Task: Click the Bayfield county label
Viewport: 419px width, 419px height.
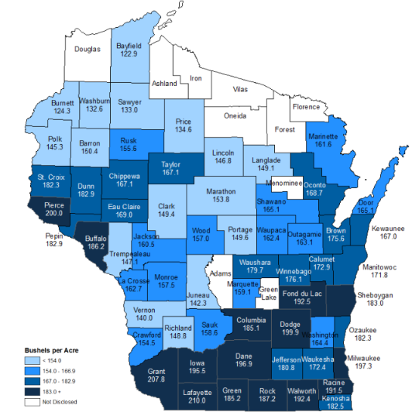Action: pyautogui.click(x=129, y=45)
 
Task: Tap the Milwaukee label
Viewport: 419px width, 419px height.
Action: pyautogui.click(x=368, y=357)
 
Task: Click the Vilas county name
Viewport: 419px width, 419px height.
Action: pyautogui.click(x=242, y=91)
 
